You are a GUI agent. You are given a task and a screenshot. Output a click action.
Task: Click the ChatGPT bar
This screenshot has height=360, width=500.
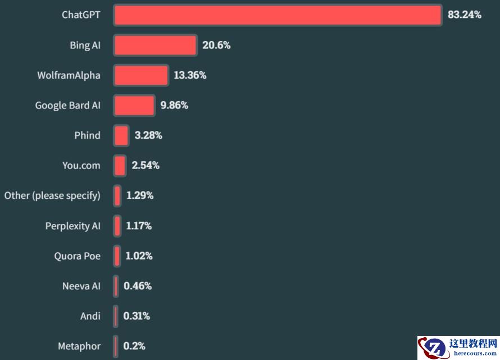278,15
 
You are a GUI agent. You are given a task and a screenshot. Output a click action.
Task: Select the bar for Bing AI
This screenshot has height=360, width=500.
155,45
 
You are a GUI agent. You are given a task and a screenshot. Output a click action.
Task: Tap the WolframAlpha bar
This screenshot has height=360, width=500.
141,75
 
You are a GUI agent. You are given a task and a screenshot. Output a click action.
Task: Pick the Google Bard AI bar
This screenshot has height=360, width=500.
134,106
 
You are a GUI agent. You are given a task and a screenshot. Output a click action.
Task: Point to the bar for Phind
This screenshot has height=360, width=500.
121,135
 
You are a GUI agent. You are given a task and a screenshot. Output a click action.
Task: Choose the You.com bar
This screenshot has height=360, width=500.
120,166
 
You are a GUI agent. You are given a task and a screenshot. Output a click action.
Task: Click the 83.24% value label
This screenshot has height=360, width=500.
464,15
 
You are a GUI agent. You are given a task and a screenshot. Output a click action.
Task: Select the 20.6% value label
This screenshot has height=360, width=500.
216,45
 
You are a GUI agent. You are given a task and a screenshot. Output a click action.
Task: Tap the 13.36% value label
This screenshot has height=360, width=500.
190,75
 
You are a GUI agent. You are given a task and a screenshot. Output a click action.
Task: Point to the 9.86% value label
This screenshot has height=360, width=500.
174,106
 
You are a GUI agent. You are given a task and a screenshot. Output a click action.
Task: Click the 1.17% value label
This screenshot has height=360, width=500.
139,226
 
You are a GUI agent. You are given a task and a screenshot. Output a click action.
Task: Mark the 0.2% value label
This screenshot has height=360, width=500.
134,346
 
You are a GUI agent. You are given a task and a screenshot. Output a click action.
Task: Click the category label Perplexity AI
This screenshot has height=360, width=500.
73,226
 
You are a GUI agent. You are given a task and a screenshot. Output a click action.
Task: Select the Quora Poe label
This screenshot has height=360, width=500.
78,256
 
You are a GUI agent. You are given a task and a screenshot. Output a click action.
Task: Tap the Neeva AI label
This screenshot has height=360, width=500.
81,286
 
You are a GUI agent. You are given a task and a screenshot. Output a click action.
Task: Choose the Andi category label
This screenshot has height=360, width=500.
90,316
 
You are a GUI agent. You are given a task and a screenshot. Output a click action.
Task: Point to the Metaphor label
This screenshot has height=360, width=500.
79,346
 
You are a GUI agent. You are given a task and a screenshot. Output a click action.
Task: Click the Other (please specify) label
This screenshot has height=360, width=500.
52,195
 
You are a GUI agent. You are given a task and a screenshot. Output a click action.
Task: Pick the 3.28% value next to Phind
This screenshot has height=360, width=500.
148,135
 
